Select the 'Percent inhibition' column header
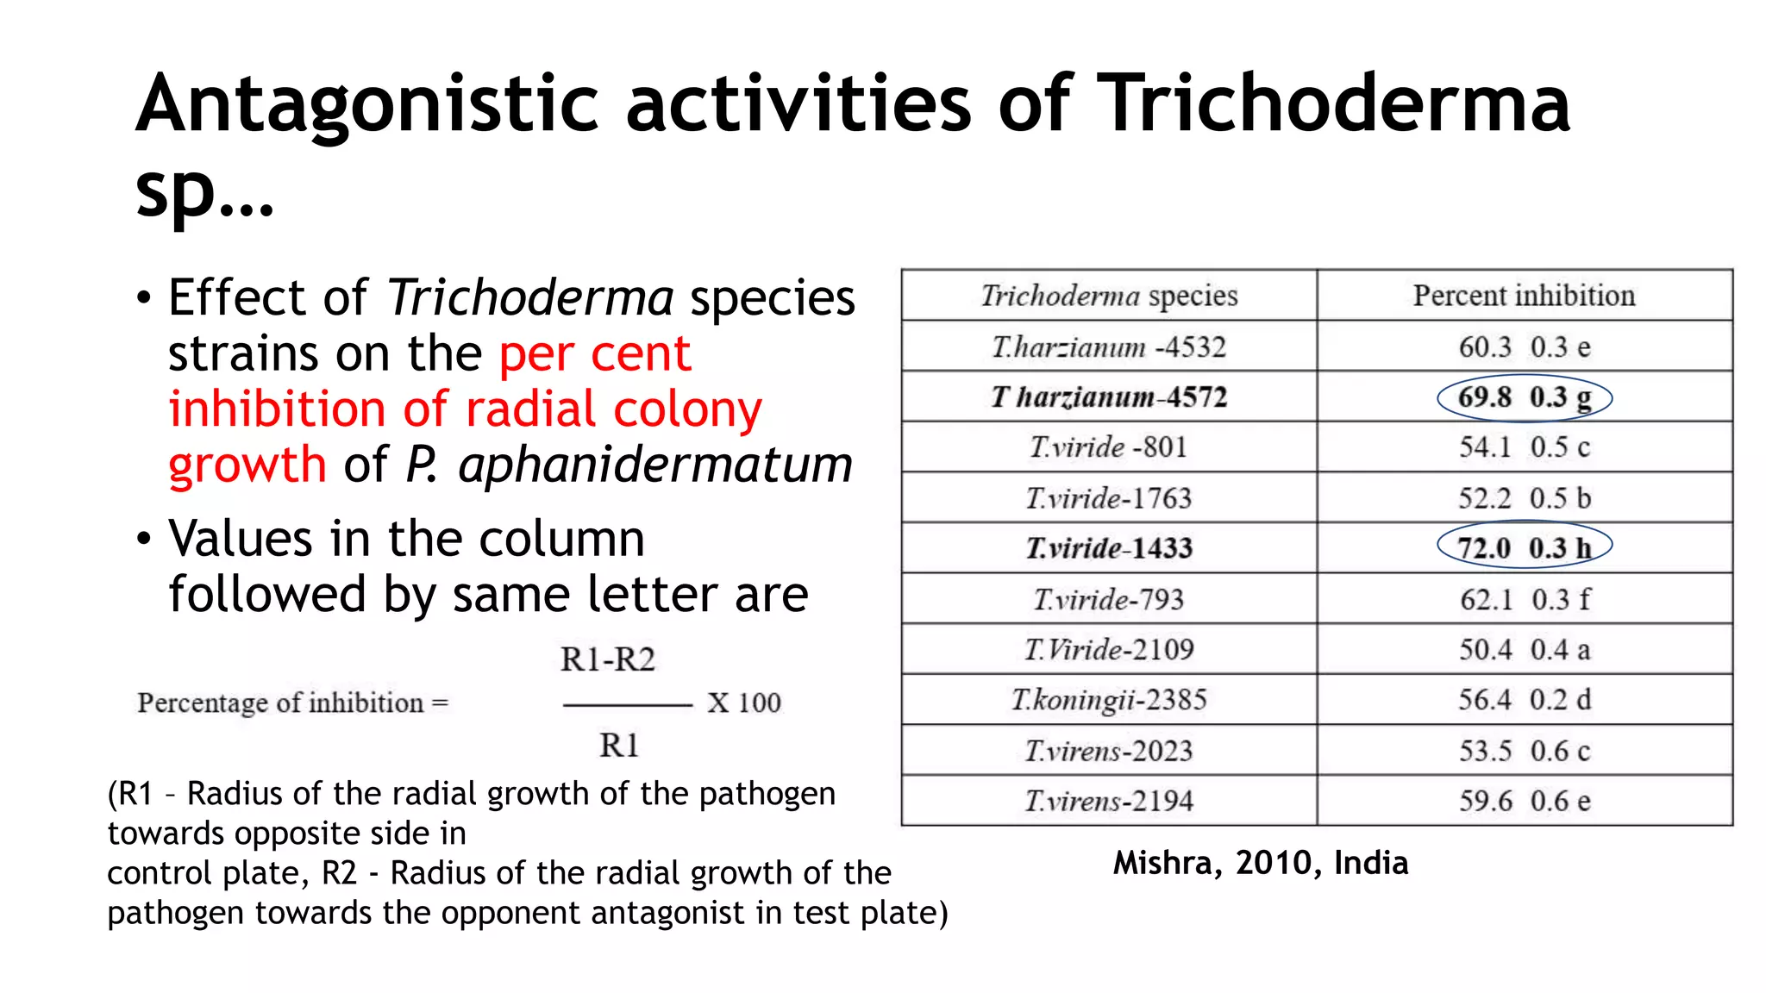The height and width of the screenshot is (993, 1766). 1524,296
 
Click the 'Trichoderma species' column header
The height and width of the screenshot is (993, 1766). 1109,296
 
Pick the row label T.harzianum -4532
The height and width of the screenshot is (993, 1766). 1109,347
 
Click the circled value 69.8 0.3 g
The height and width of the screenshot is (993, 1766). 1524,397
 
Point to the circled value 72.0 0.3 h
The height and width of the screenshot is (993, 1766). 1524,548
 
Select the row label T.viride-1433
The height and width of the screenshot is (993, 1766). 1109,548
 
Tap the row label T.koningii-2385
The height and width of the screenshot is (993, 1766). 1109,700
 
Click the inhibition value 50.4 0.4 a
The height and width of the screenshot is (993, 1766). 1524,649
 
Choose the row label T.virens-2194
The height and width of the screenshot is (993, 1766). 1109,801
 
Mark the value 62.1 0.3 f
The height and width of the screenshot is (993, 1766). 1524,599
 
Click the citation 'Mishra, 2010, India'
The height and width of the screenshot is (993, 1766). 1260,863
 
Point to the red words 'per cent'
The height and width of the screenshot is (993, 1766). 595,353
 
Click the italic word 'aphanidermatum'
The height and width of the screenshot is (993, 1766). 655,465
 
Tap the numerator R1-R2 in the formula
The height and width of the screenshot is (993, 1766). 608,659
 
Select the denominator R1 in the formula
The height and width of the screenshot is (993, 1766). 619,745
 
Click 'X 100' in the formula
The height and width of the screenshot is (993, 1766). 744,703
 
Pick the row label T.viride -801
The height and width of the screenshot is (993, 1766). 1109,447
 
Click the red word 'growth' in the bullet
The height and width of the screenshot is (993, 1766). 247,465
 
